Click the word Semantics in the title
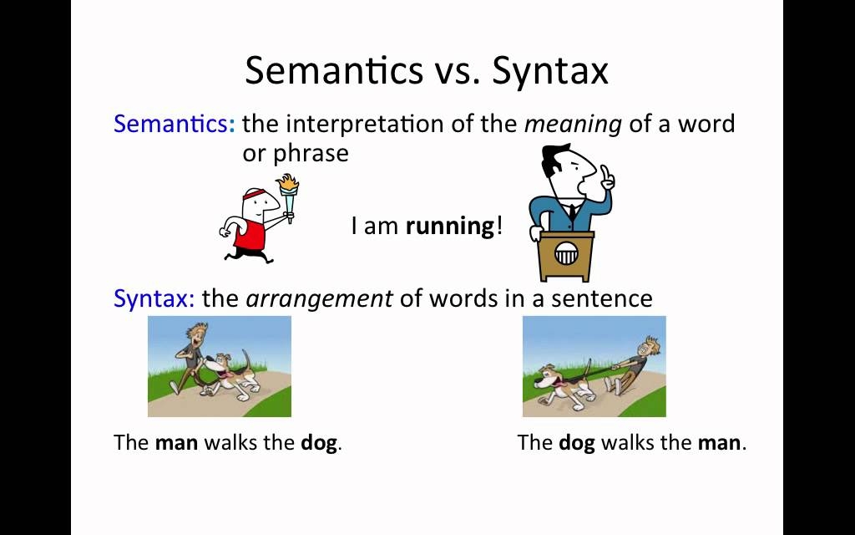point(334,70)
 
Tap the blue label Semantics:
point(175,124)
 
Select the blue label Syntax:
point(154,298)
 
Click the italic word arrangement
point(319,299)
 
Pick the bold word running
point(450,226)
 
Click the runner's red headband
point(254,195)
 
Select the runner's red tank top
point(250,234)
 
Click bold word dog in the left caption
point(319,443)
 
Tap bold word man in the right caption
point(720,443)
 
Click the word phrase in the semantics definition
point(311,155)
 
